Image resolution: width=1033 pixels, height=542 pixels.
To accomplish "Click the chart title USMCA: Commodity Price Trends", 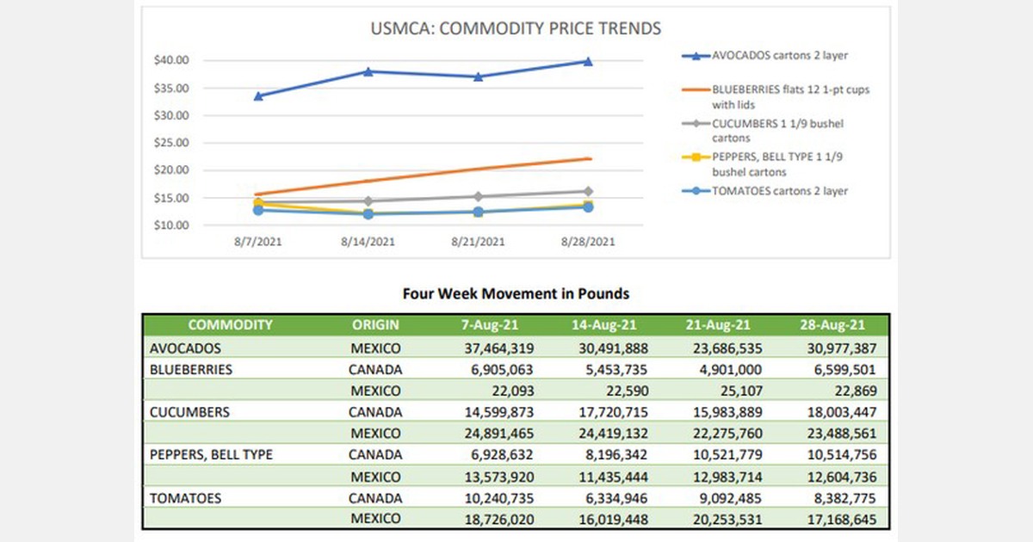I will (515, 28).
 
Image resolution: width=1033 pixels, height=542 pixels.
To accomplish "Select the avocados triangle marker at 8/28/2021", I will (588, 61).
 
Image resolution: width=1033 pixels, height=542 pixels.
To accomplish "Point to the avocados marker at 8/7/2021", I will (258, 95).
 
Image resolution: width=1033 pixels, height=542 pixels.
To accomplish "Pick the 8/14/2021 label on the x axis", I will (367, 243).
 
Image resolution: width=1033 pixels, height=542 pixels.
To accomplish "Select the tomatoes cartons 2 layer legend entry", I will (779, 191).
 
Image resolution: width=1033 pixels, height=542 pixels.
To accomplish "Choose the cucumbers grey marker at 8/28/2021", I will (588, 191).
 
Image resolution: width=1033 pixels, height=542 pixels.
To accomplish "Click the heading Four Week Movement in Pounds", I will (516, 293).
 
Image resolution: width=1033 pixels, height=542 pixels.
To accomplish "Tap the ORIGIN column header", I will (375, 325).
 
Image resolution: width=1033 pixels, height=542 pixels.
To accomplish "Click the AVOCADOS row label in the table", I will (185, 349).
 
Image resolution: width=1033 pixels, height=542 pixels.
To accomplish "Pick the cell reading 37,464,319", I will (492, 349).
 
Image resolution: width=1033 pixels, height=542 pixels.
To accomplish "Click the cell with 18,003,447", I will (831, 412).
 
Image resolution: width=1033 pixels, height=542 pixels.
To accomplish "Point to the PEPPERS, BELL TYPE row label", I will (211, 454).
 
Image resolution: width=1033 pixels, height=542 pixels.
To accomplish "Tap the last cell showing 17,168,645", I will (831, 519).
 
